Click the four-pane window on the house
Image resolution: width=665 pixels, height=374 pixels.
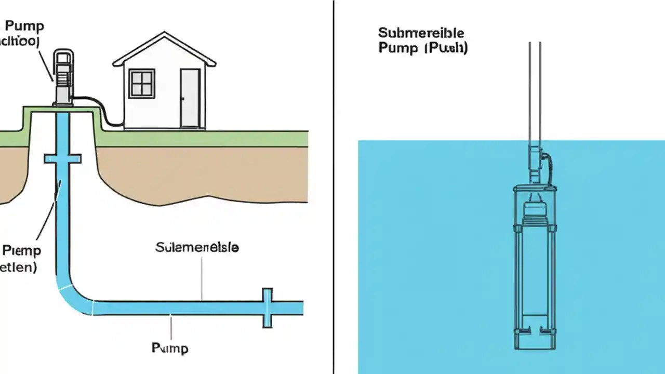point(142,83)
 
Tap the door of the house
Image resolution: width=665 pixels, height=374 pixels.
point(190,98)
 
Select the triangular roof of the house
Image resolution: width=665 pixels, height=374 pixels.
point(164,49)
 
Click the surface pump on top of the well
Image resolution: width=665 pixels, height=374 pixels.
point(62,78)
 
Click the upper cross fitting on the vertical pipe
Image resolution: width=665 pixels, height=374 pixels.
point(62,158)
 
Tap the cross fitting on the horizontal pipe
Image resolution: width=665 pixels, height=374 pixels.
point(267,308)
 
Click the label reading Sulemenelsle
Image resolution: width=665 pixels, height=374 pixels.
point(197,248)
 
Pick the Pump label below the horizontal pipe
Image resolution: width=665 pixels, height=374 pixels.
point(170,348)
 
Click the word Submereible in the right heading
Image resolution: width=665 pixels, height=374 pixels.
point(421,33)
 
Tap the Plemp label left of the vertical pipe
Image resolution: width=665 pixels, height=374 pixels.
point(21,250)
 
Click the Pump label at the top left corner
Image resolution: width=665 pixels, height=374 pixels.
point(24,26)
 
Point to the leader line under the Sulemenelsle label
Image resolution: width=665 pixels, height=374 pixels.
point(202,278)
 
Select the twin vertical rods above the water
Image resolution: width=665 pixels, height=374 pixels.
point(535,88)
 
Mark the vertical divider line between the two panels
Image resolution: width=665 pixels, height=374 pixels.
point(333,187)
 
